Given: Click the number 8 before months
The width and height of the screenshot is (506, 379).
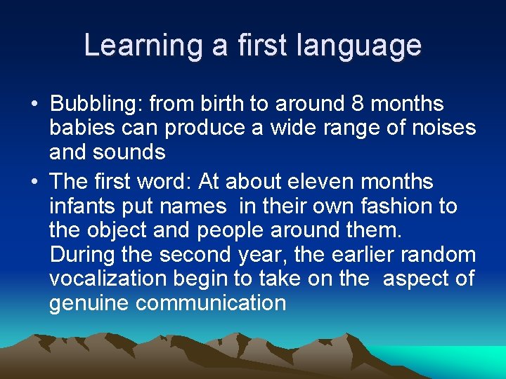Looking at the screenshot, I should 356,105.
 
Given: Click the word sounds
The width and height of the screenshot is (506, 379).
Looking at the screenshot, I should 131,152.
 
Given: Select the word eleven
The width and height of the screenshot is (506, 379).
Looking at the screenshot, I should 320,182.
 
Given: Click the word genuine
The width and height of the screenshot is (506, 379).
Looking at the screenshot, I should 89,303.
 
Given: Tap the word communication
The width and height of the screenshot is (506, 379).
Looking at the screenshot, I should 211,303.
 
